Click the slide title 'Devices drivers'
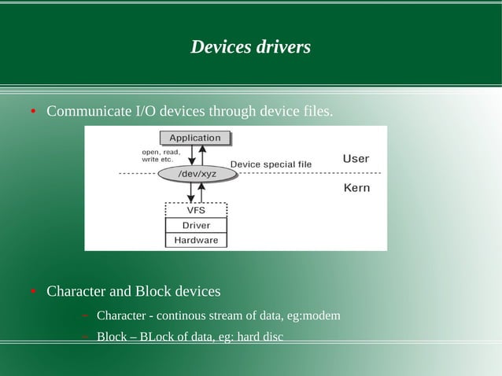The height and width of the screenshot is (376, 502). coord(250,47)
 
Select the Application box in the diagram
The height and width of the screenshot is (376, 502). coord(195,138)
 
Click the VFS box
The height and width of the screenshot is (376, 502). coord(196,210)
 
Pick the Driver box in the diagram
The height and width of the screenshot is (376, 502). coord(196,225)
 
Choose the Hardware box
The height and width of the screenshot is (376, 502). coord(196,240)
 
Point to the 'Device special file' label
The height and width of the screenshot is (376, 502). coord(271,164)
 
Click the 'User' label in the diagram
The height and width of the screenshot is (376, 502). coord(356,159)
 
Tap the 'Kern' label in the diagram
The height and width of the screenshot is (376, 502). coord(356,188)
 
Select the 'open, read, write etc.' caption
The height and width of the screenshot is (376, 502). coord(161,156)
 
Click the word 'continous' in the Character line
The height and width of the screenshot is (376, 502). coord(179,316)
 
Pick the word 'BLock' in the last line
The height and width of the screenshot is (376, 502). coord(155,337)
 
